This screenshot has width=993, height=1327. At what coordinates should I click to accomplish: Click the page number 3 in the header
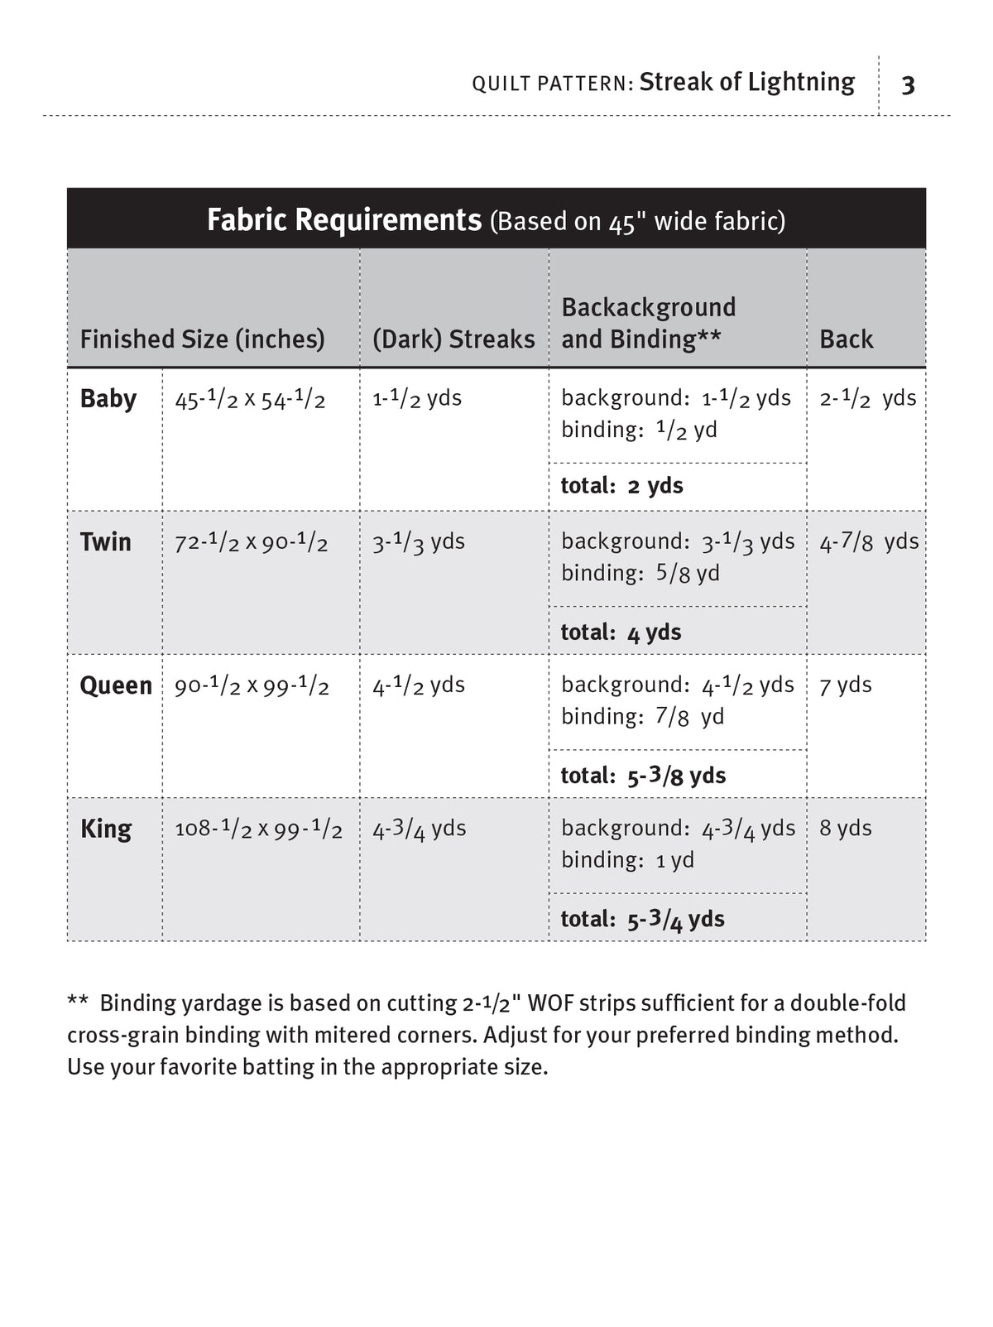(x=908, y=85)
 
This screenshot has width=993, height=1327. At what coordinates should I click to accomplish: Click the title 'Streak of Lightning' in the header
(x=746, y=82)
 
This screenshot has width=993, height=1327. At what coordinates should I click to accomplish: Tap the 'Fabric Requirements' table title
(x=343, y=220)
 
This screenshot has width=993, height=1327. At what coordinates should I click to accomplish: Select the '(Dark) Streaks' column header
(x=453, y=339)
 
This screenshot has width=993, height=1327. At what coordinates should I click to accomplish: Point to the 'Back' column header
(x=846, y=339)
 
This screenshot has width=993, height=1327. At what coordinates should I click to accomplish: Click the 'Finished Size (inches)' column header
(x=202, y=339)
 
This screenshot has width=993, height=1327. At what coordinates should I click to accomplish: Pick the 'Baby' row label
(x=108, y=399)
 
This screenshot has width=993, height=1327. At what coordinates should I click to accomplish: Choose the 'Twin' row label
(x=105, y=542)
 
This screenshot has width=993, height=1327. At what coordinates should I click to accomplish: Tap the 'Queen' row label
(x=116, y=685)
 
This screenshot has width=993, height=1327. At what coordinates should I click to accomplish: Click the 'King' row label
(x=105, y=829)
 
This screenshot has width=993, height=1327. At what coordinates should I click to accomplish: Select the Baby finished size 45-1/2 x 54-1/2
(x=250, y=400)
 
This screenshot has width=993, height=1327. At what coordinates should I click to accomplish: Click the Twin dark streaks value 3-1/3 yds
(x=418, y=542)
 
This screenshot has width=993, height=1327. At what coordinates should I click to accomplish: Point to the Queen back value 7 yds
(x=845, y=685)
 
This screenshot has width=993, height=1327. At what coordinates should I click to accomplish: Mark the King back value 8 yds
(x=845, y=829)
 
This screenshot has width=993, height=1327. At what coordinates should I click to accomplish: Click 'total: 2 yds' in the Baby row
(x=621, y=486)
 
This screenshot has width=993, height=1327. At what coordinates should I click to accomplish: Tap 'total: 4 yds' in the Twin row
(x=621, y=632)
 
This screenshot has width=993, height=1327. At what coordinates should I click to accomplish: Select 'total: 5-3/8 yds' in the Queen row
(x=643, y=776)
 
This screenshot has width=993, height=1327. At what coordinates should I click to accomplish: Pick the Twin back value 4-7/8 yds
(x=868, y=542)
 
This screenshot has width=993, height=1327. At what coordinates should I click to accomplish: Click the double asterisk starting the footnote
(x=78, y=1002)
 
